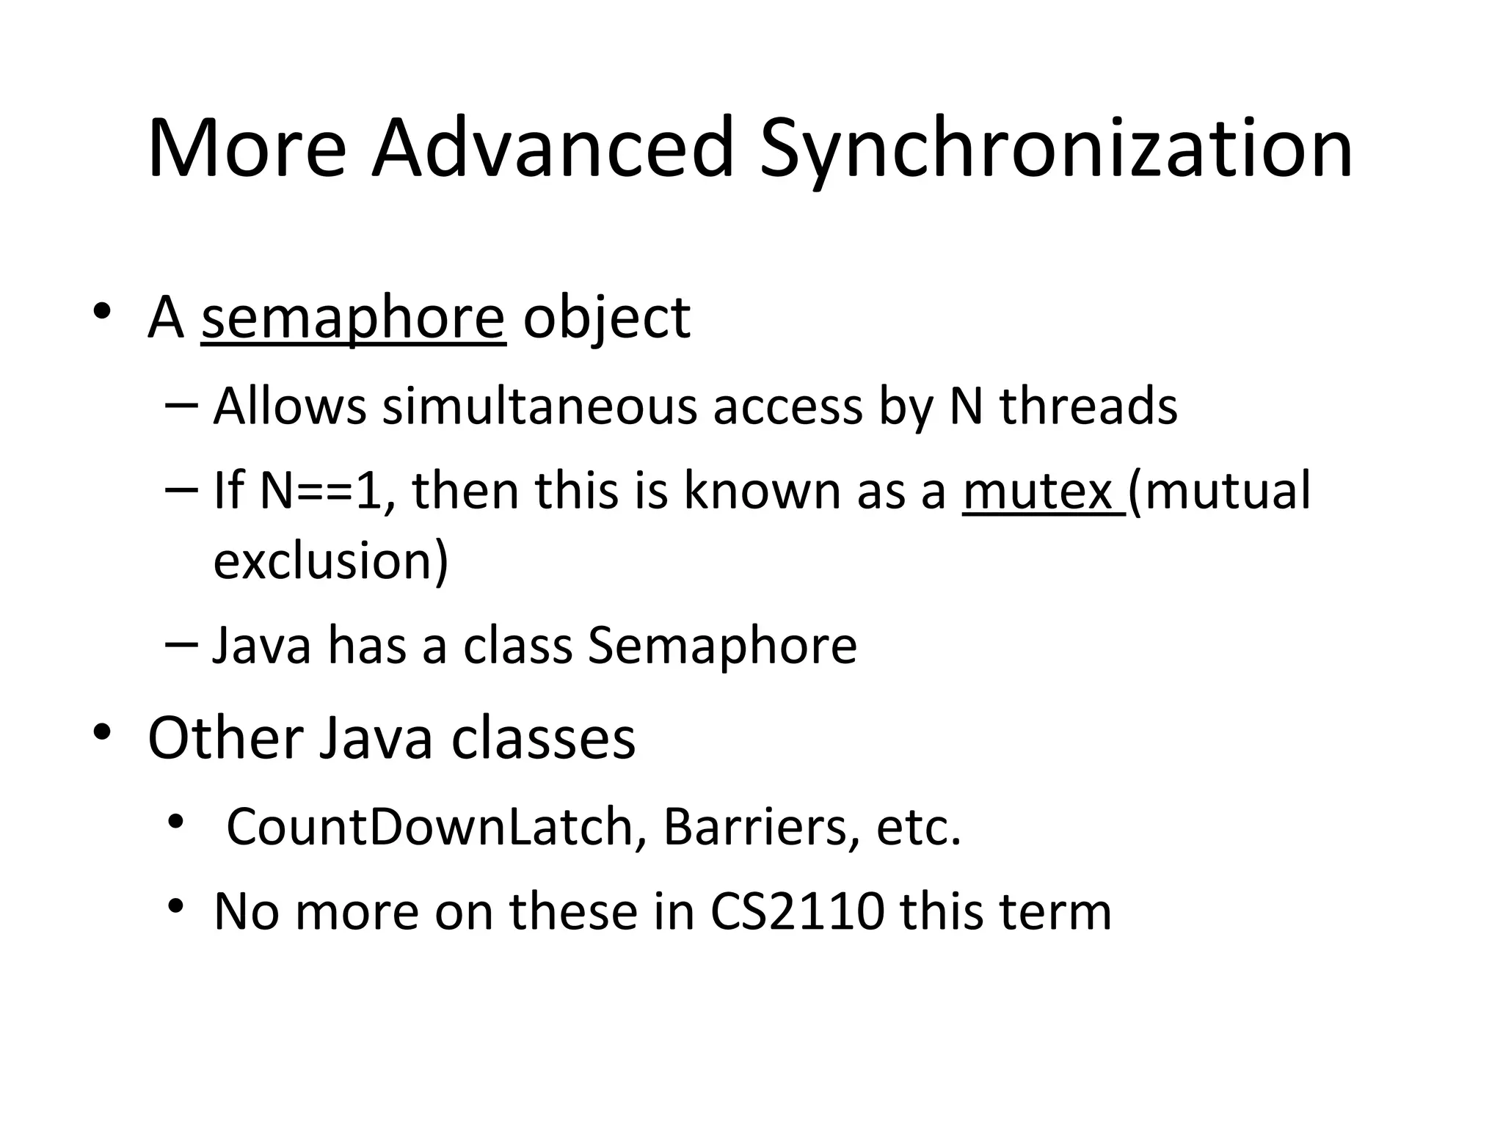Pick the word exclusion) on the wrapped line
[330, 561]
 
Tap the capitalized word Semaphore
[722, 646]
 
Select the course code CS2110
[797, 912]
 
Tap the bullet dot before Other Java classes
[102, 732]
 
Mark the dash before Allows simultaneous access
[182, 404]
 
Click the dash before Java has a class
[182, 643]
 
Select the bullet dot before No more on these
[175, 907]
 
